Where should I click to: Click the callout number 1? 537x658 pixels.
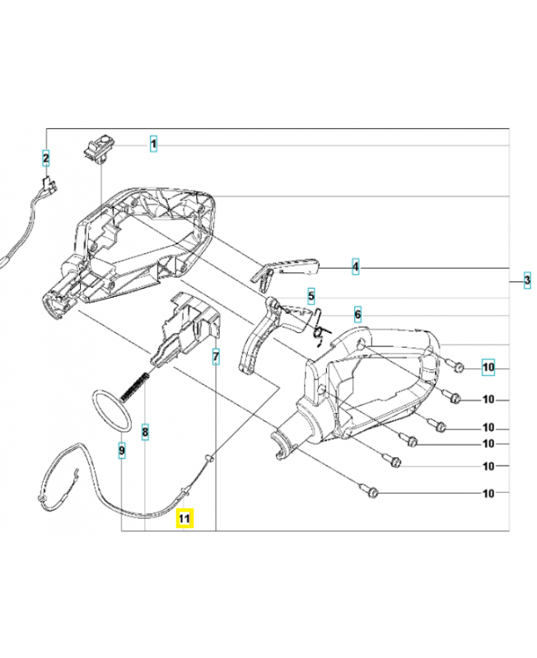point(154,145)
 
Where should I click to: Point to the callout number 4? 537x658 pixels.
point(356,266)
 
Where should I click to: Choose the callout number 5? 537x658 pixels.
point(311,295)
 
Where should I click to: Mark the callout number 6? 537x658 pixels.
point(357,314)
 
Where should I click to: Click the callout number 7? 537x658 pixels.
point(216,356)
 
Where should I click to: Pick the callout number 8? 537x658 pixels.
point(145,430)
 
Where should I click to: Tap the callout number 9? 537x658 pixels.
point(121,450)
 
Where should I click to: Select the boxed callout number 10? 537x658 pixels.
point(488,368)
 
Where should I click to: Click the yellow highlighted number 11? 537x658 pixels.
point(184,518)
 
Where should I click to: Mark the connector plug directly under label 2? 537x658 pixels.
point(49,187)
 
